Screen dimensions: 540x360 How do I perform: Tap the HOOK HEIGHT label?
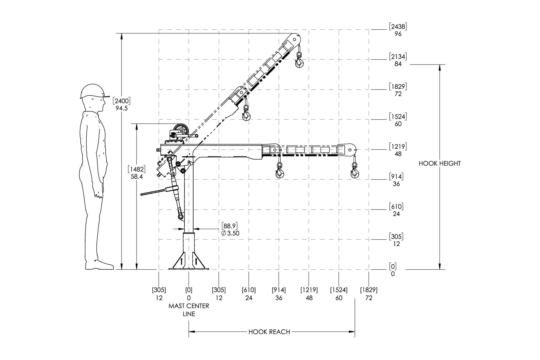point(439,163)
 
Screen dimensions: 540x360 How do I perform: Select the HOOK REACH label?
point(269,332)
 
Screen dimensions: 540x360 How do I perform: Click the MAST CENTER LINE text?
point(189,310)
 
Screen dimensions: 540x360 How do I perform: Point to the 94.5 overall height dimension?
point(121,108)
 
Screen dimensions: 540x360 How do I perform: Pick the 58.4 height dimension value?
point(136,177)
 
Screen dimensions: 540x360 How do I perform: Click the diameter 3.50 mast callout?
point(230,233)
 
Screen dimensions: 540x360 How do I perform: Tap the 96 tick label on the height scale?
point(398,34)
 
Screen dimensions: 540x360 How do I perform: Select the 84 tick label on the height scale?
point(398,64)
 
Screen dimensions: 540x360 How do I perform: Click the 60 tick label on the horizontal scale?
point(339,298)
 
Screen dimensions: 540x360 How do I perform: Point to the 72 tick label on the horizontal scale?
point(369,298)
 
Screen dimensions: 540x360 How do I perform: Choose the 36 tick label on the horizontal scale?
point(279,298)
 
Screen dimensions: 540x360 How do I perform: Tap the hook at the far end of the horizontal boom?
point(355,171)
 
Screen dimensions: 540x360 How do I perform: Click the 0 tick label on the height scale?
point(393,274)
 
